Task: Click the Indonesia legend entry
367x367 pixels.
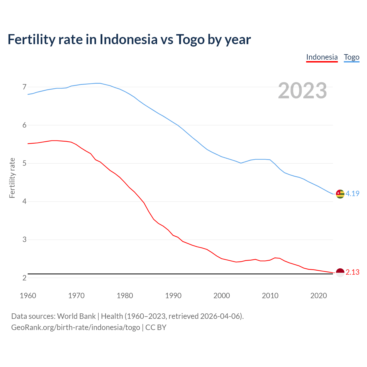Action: pos(322,57)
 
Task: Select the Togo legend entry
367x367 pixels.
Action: pos(352,57)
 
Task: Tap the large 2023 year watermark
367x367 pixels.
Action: pos(302,91)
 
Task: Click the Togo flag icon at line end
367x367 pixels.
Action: pos(340,194)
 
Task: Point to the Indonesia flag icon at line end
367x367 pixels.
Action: pos(340,272)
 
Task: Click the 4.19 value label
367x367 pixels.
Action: pos(352,194)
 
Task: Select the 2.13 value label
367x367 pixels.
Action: pos(352,272)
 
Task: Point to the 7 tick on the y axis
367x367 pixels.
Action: pos(24,87)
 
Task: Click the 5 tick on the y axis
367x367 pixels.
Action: pos(24,163)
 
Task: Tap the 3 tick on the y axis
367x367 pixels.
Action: pos(24,240)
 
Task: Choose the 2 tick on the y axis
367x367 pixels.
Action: pos(24,278)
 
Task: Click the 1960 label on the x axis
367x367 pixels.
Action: pos(28,296)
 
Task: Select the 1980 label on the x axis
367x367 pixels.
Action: pos(125,296)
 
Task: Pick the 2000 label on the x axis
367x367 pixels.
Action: pos(222,296)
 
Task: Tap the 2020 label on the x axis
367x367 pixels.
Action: pos(319,296)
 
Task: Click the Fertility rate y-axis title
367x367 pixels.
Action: pos(12,178)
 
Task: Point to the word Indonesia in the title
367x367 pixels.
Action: pos(128,39)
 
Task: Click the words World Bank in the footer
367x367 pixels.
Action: pos(76,316)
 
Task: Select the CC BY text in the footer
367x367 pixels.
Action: pos(156,327)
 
